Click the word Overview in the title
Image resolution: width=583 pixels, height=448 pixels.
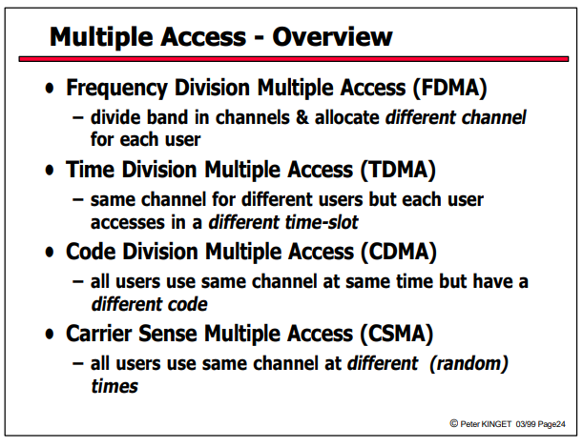click(x=332, y=37)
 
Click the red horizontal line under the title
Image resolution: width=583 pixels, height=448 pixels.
click(x=294, y=59)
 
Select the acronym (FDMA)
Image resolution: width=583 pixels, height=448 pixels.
click(x=449, y=89)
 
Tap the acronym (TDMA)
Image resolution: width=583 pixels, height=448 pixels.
click(x=398, y=170)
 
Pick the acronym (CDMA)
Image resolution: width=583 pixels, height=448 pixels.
click(x=399, y=252)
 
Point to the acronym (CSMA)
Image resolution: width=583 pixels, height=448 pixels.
click(x=396, y=334)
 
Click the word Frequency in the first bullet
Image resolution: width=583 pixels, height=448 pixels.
click(x=116, y=90)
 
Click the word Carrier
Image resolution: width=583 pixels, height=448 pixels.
click(x=99, y=334)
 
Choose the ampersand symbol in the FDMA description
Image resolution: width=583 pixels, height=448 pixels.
click(x=302, y=117)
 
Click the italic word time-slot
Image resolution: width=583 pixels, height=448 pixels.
click(x=321, y=222)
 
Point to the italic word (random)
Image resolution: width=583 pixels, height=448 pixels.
click(x=468, y=363)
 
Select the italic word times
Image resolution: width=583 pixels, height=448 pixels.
click(x=115, y=386)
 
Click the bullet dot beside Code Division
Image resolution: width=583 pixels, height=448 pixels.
click(x=50, y=252)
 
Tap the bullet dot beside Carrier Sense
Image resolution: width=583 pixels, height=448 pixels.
click(x=50, y=334)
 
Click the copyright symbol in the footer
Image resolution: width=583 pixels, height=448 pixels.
click(x=453, y=423)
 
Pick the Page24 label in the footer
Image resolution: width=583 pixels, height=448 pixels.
click(x=552, y=424)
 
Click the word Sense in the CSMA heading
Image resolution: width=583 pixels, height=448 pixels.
click(x=168, y=334)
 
